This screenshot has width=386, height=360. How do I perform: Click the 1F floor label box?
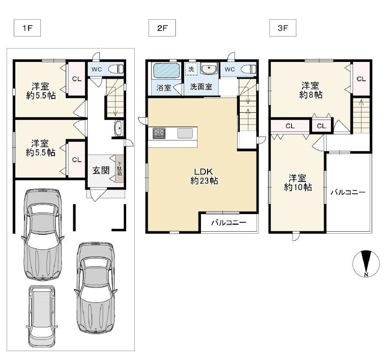pyautogui.click(x=27, y=28)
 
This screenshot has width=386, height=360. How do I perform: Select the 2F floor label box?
pyautogui.click(x=162, y=28)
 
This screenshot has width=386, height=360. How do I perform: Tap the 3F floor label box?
pyautogui.click(x=282, y=28)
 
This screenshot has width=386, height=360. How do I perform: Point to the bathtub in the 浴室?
pyautogui.click(x=166, y=71)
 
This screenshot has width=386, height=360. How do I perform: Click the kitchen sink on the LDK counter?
pyautogui.click(x=185, y=133)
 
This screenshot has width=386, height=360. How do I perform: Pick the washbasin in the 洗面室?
pyautogui.click(x=209, y=68)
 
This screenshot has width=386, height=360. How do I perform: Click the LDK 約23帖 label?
pyautogui.click(x=204, y=176)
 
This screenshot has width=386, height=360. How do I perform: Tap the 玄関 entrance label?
pyautogui.click(x=101, y=170)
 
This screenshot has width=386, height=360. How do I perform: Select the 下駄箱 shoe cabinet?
pyautogui.click(x=119, y=168)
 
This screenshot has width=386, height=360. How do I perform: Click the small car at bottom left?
pyautogui.click(x=42, y=316)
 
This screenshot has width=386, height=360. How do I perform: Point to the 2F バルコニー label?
pyautogui.click(x=229, y=223)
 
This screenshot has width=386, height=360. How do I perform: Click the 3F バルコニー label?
pyautogui.click(x=348, y=192)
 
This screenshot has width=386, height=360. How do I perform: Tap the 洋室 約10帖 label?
pyautogui.click(x=298, y=183)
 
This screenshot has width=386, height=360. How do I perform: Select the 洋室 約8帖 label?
pyautogui.click(x=311, y=90)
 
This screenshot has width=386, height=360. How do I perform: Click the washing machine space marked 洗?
pyautogui.click(x=191, y=69)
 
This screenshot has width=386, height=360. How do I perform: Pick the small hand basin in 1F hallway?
pyautogui.click(x=119, y=128)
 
